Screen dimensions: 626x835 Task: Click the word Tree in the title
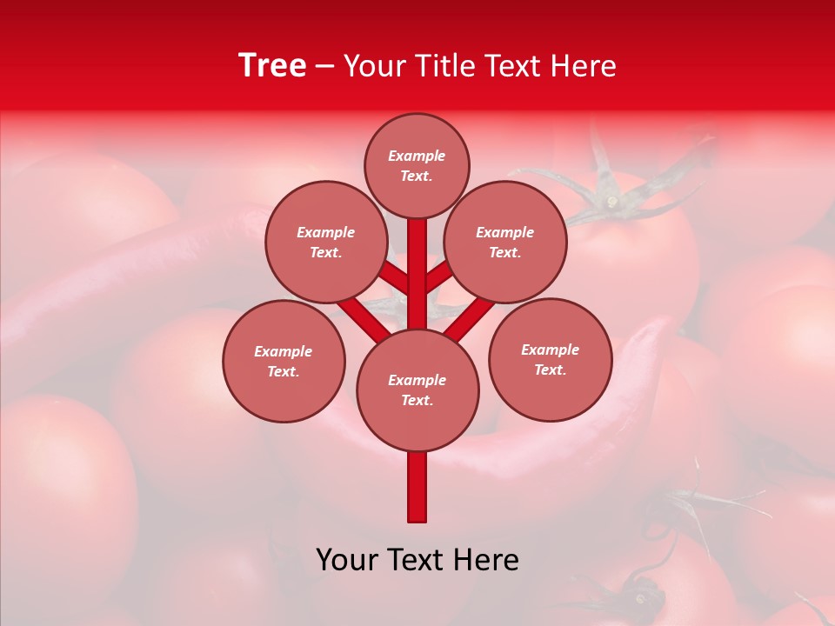point(272,66)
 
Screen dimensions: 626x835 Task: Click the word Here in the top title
point(583,66)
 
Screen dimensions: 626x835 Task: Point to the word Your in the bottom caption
point(346,560)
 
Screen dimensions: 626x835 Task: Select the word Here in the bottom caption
point(487,560)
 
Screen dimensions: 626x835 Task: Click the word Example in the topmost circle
point(417,156)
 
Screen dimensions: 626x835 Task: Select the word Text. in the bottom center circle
point(417,401)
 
